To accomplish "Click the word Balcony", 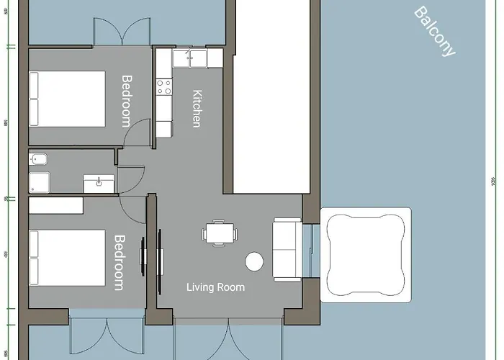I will coord(435,32).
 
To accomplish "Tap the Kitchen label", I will coord(196,109).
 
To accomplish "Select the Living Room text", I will coord(215,287).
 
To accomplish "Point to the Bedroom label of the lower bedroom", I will coord(120,262).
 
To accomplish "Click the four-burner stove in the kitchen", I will coord(164,87).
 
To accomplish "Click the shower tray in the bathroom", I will coord(40,182).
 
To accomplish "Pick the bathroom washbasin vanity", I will coord(98,183).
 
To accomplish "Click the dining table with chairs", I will coord(219,233).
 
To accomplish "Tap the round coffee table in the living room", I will coord(253,261).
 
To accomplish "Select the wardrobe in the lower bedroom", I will coord(56,205).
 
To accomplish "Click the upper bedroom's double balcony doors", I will coord(122,32).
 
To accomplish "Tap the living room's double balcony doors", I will coord(228,338).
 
